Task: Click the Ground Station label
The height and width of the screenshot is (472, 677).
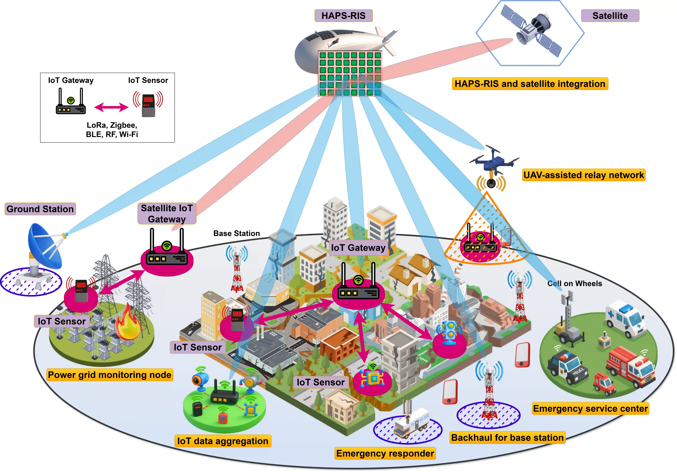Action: click(40, 209)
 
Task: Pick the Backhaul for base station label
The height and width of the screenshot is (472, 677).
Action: click(507, 437)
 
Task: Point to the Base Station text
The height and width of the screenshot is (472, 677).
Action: click(236, 234)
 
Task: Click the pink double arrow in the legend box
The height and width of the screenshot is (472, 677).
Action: click(111, 107)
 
